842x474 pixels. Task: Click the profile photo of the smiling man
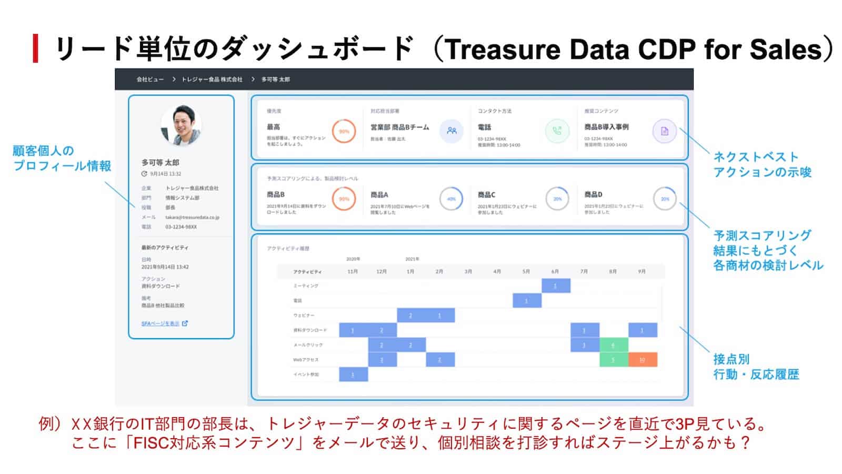coord(181,125)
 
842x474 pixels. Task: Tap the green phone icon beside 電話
coord(557,131)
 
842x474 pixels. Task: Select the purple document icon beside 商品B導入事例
coord(664,131)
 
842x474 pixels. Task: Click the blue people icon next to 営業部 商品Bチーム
coord(452,131)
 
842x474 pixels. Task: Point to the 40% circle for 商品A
coord(451,199)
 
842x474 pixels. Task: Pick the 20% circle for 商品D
coord(665,199)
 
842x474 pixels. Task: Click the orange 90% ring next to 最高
coord(344,131)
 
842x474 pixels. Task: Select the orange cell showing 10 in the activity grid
coord(642,360)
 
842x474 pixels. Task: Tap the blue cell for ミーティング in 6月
coord(556,285)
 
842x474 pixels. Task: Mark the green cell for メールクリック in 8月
coord(613,345)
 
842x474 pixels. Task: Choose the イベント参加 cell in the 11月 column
coord(353,374)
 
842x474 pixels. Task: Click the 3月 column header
coord(468,272)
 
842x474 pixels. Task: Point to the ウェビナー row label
coord(304,315)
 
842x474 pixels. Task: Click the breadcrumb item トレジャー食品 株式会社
coord(212,80)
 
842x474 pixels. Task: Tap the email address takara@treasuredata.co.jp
coord(192,217)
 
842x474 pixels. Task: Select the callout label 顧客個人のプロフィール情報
coord(62,159)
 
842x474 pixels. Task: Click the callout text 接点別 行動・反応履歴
coord(756,367)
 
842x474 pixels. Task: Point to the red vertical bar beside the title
coord(35,48)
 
